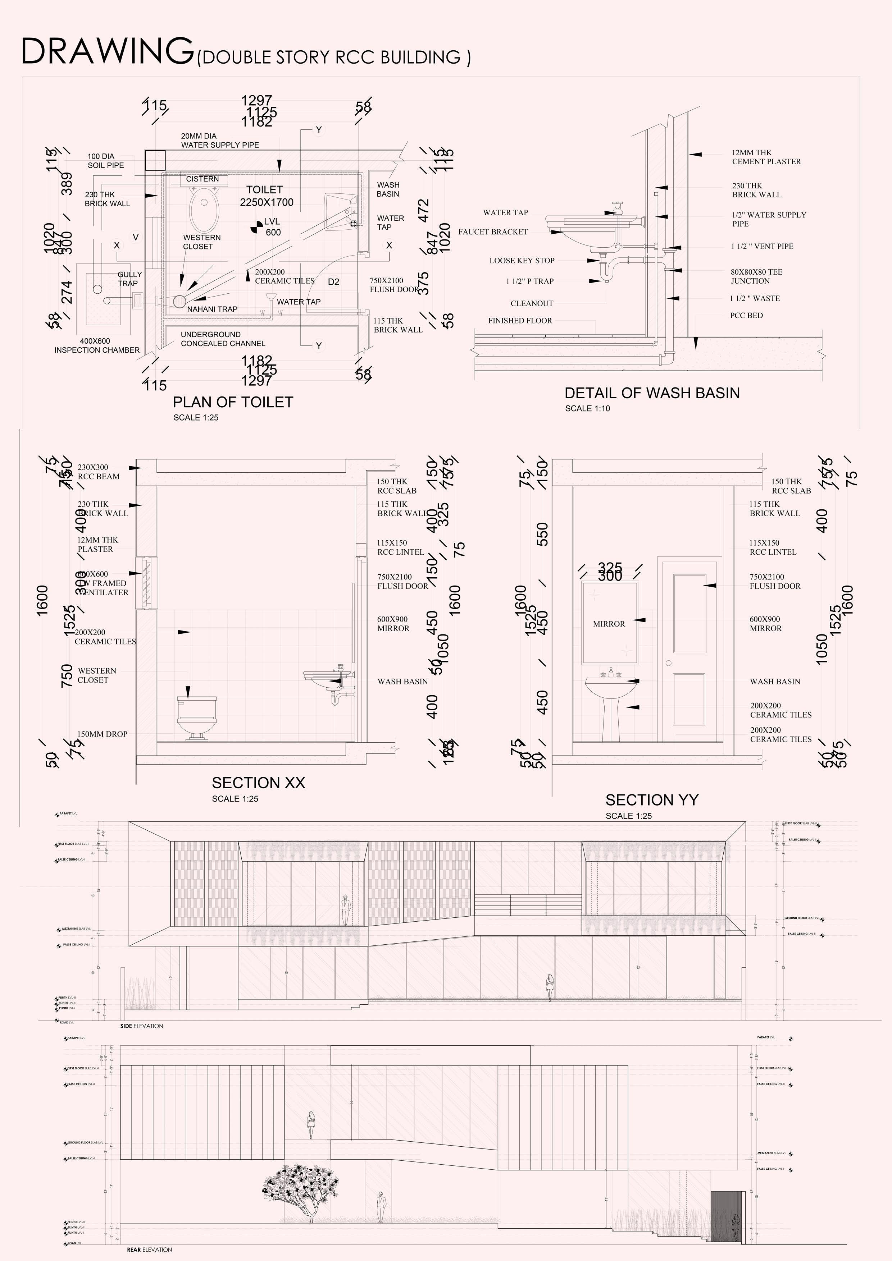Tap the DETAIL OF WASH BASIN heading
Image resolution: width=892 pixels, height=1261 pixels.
pos(652,393)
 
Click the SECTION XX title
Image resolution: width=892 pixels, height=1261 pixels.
pos(258,783)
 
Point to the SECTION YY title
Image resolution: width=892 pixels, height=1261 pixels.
pos(652,800)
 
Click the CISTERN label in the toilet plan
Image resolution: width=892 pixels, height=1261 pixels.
pos(202,179)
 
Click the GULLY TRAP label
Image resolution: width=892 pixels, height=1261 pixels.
pos(129,279)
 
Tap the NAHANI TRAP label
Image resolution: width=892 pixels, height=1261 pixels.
pos(212,309)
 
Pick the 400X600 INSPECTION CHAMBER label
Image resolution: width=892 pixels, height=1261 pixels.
pos(97,345)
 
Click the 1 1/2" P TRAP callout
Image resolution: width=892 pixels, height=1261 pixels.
pos(530,281)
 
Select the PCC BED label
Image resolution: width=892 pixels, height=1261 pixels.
pos(746,315)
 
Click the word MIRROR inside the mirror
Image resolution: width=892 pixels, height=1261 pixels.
pos(609,624)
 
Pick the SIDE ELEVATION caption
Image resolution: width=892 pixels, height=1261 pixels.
pos(142,1026)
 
